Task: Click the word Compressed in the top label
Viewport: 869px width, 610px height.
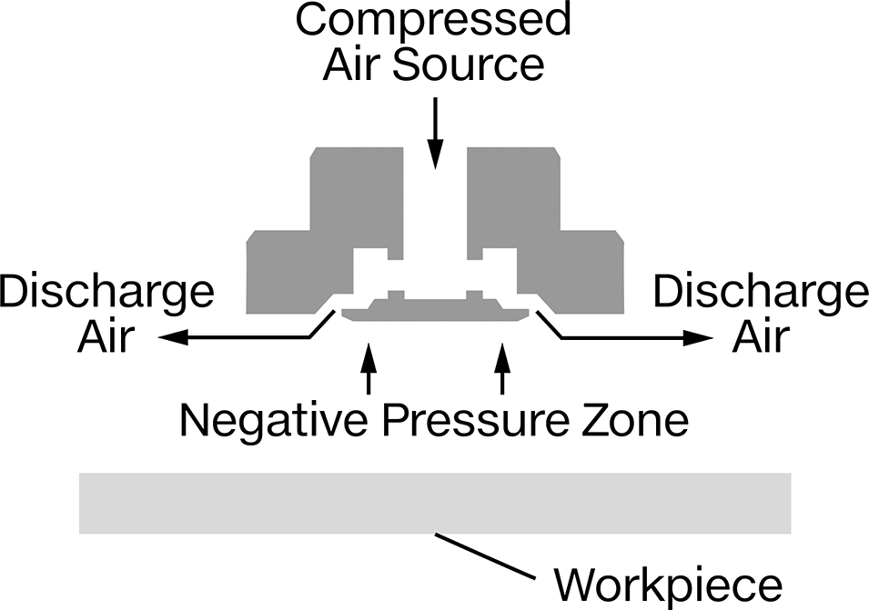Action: tap(433, 19)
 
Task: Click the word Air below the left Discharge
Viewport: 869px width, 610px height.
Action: tap(106, 336)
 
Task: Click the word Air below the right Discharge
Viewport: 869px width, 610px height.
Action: tap(761, 336)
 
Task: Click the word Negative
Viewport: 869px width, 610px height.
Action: tap(274, 420)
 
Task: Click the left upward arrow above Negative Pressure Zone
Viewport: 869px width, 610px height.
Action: tap(369, 369)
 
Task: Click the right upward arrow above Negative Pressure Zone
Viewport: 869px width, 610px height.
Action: tap(502, 369)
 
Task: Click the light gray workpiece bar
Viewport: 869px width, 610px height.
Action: tap(435, 503)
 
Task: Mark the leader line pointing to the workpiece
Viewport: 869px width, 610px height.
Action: tap(486, 556)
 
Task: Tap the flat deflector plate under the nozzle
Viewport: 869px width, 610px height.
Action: tap(435, 311)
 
